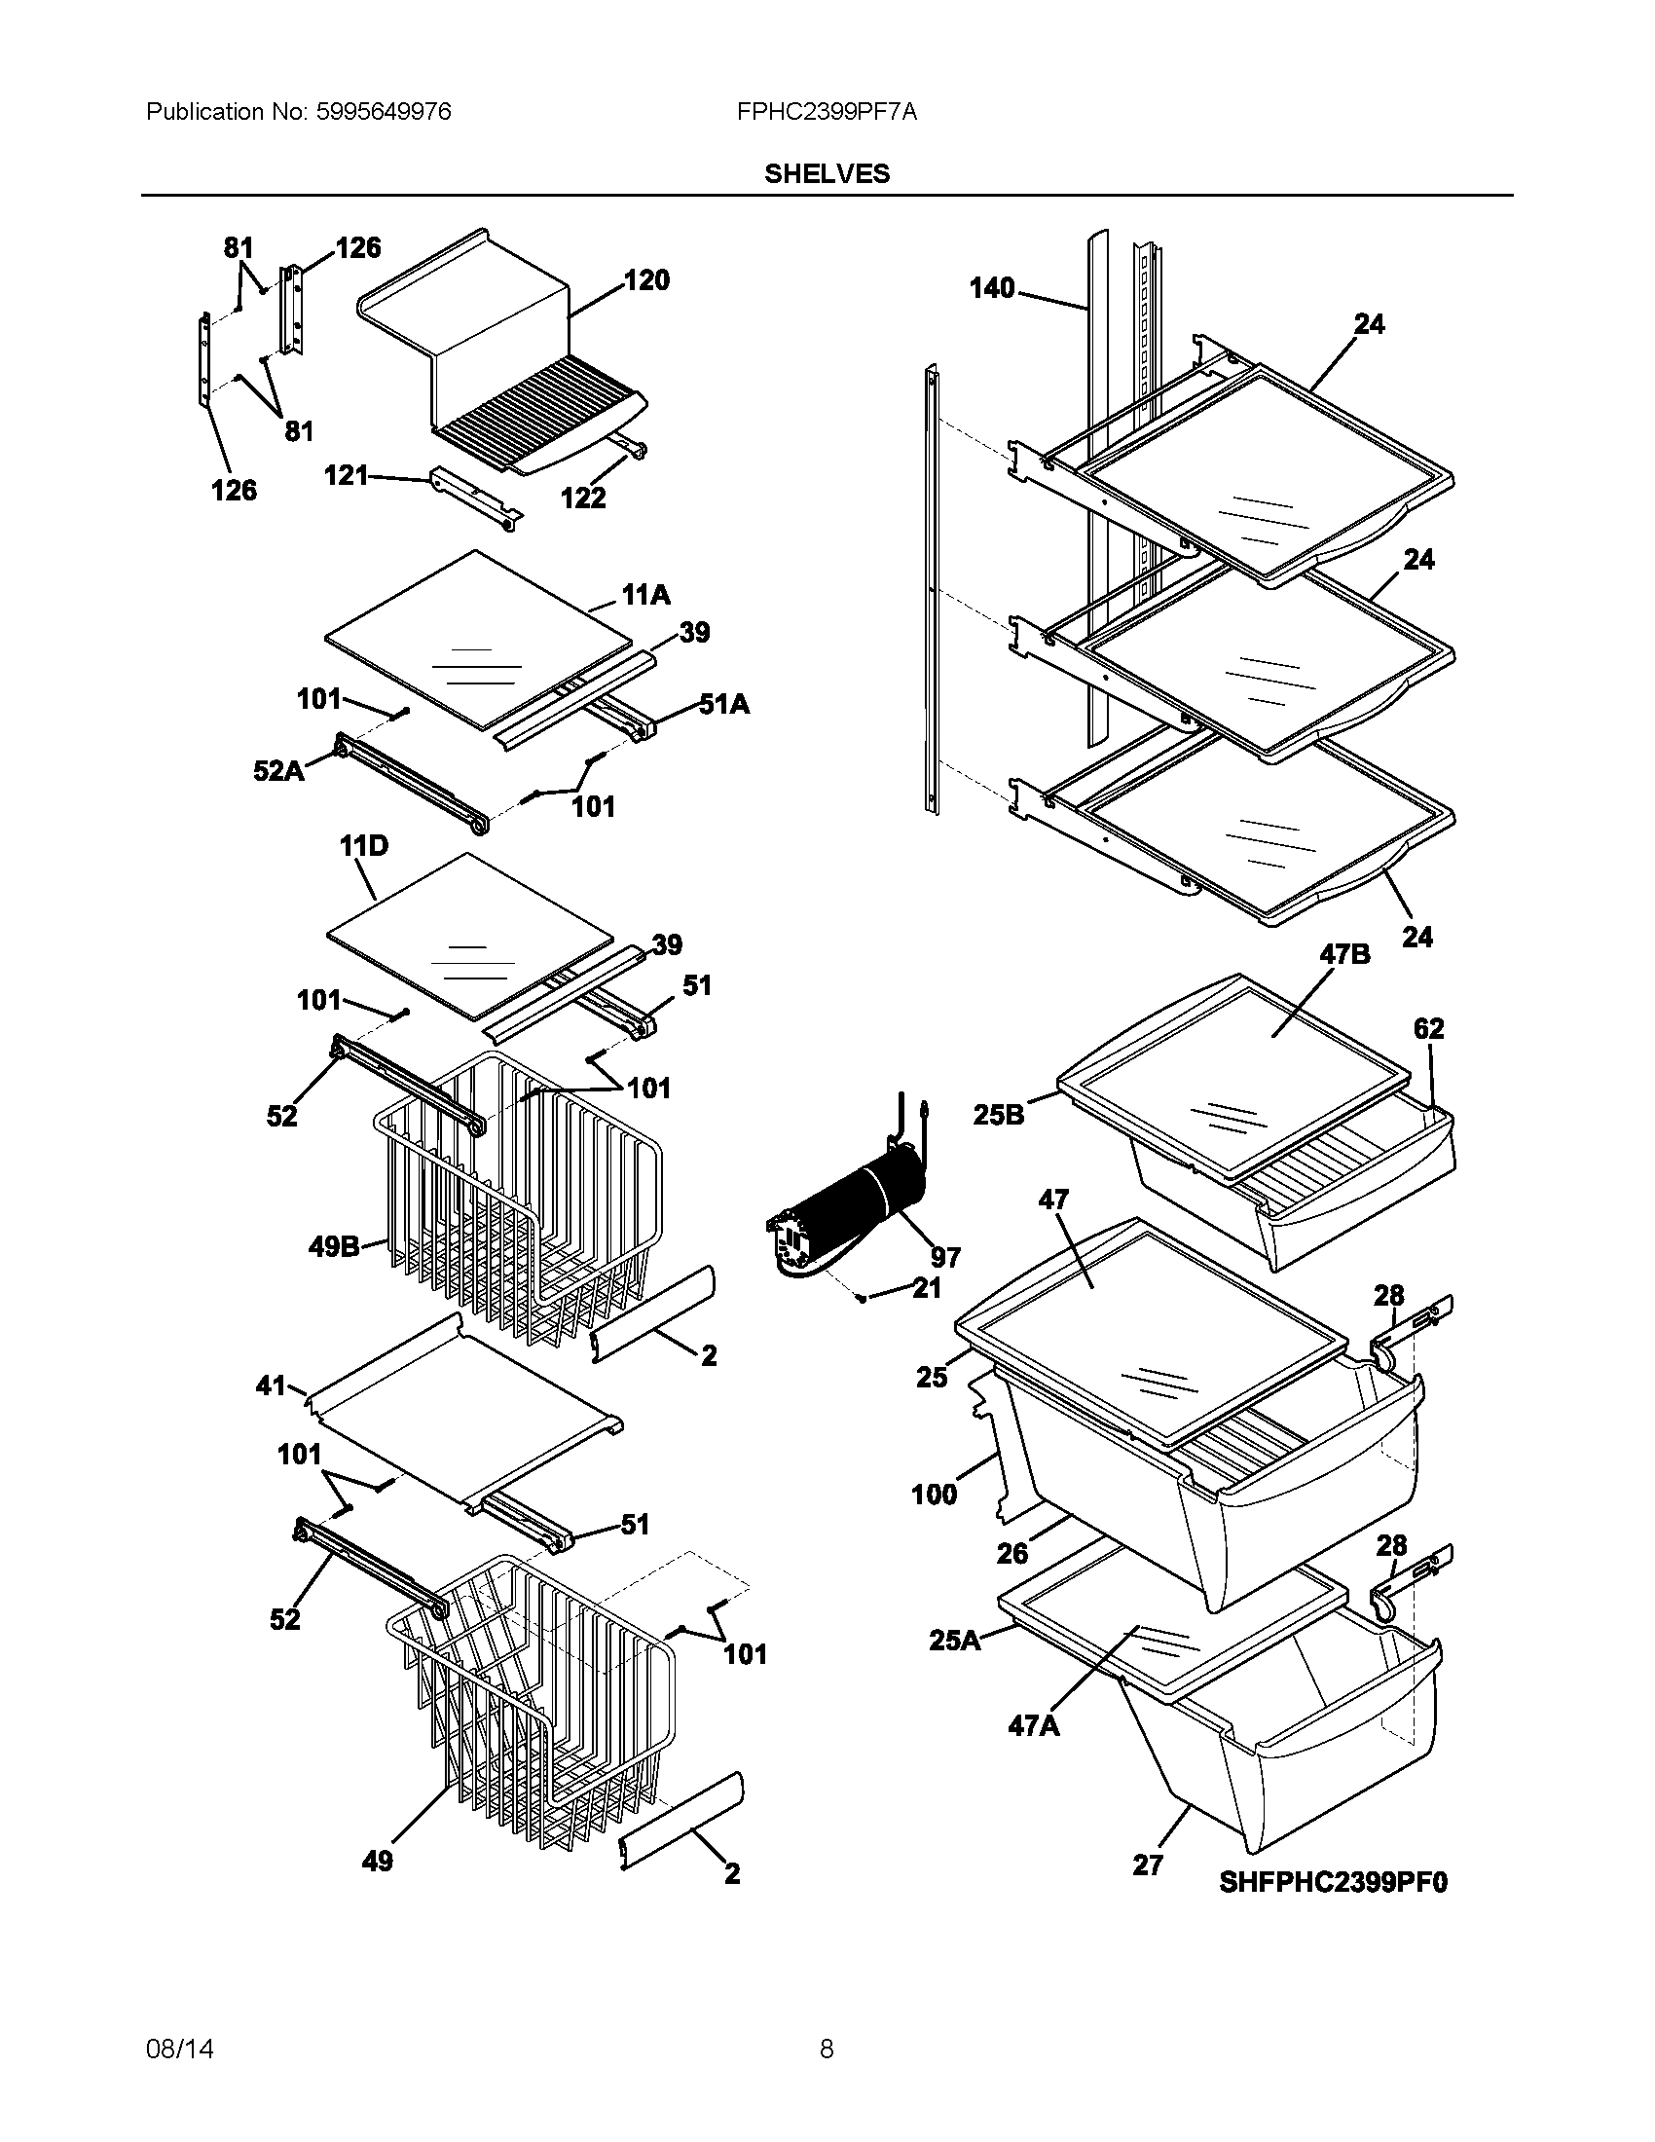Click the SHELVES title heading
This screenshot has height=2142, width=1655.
[x=827, y=173]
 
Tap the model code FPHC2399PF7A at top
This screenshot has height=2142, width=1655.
[x=827, y=112]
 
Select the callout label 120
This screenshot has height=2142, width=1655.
[x=647, y=280]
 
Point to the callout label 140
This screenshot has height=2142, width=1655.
[x=992, y=288]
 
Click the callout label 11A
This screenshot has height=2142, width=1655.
[x=646, y=595]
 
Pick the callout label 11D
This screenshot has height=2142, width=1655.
[x=364, y=845]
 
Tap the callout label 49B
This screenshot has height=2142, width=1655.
[x=334, y=1247]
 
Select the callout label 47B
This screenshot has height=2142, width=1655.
[x=1345, y=954]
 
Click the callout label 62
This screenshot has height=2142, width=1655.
[x=1428, y=1029]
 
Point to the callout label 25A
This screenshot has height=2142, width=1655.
[x=955, y=1640]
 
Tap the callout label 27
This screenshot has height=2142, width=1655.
[x=1148, y=1865]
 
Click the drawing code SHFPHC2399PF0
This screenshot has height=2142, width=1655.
[x=1334, y=1882]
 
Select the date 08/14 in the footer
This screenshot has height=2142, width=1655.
[x=179, y=2049]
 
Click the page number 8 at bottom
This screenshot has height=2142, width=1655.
[x=827, y=2049]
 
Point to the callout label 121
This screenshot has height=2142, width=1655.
[x=347, y=476]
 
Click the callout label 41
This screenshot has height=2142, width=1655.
[x=271, y=1385]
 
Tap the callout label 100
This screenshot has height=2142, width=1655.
[x=934, y=1495]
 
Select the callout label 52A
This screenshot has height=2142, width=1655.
[x=278, y=771]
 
